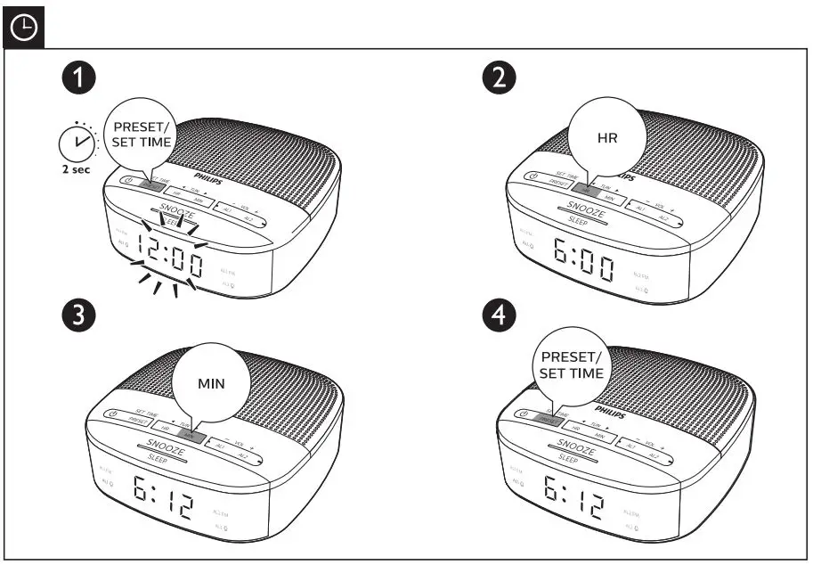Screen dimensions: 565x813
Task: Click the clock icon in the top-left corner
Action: [x=23, y=29]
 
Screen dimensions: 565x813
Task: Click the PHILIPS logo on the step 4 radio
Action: [x=610, y=413]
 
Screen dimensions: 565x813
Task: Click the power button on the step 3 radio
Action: [x=112, y=414]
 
